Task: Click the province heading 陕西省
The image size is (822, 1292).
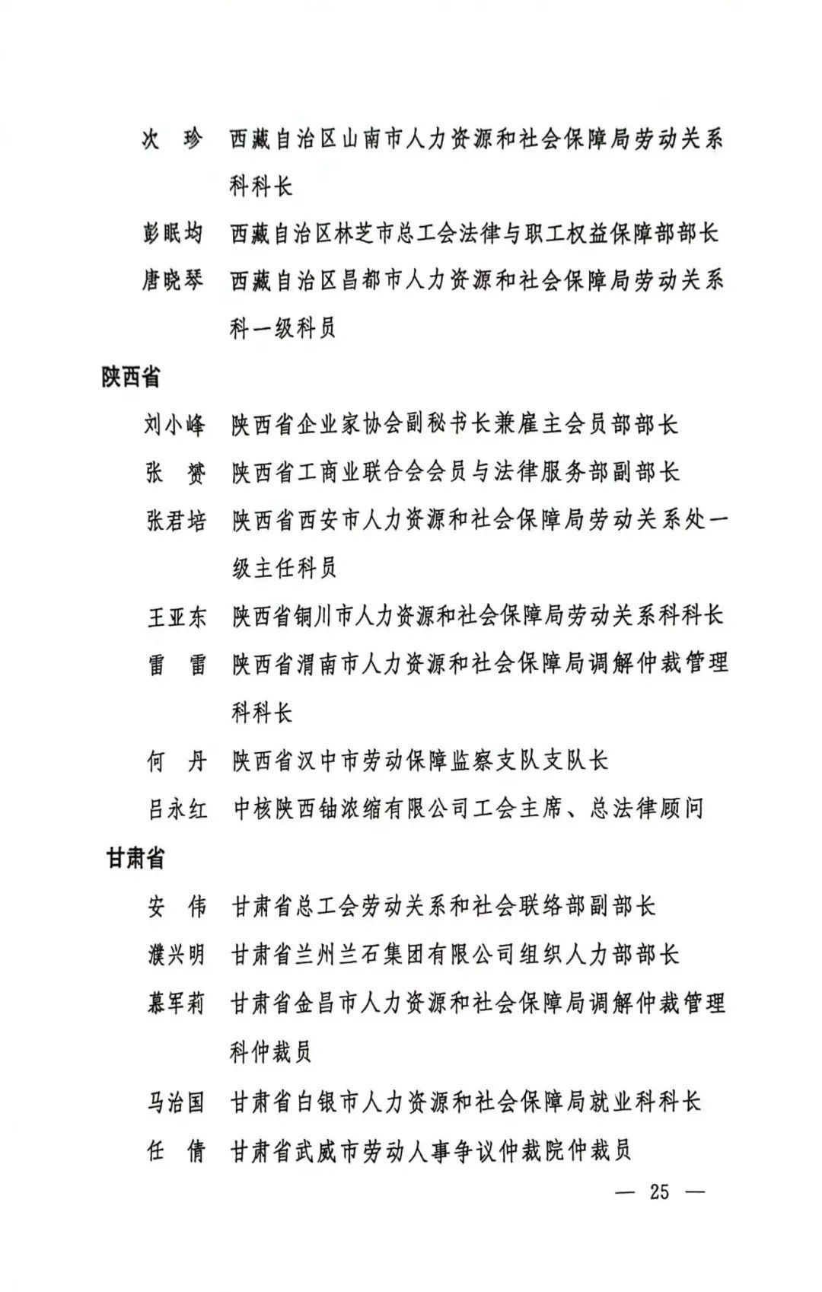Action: tap(131, 376)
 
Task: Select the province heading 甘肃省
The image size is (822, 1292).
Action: tap(135, 858)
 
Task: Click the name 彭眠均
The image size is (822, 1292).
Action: tap(174, 233)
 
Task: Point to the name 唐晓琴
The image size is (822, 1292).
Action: tap(174, 281)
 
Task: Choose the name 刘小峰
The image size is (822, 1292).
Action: tap(175, 424)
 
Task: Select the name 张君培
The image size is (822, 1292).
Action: tap(176, 520)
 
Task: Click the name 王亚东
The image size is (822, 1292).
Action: tap(177, 616)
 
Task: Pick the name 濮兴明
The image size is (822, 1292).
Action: tap(177, 953)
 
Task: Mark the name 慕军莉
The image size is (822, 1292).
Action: tap(177, 1003)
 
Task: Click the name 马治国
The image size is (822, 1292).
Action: tap(177, 1101)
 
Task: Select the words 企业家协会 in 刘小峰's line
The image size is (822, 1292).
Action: tap(339, 424)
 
